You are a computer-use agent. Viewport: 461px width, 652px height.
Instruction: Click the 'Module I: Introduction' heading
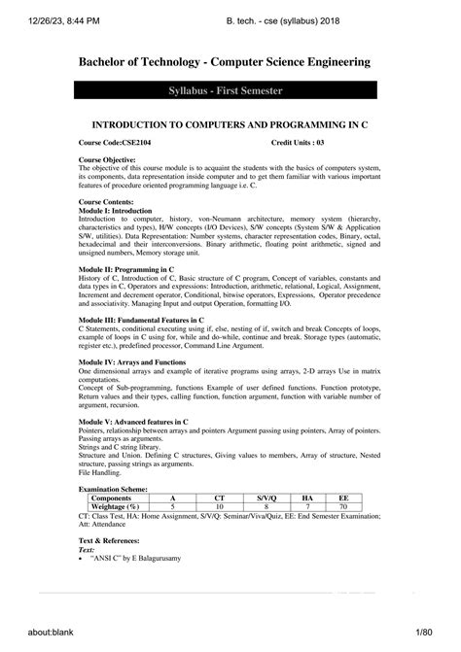tap(114, 210)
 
